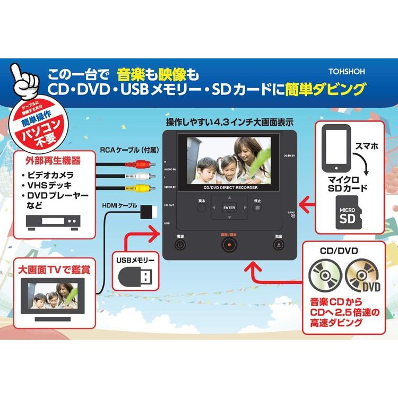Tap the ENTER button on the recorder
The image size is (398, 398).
[x=229, y=207]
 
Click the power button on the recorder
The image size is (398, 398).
[x=180, y=245]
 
